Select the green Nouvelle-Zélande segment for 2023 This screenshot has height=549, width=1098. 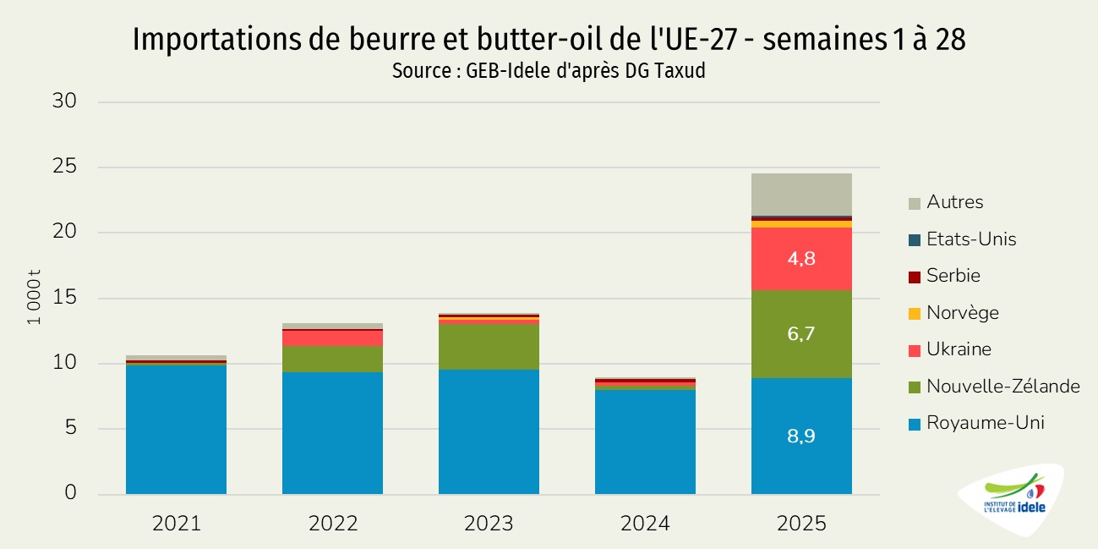(x=489, y=347)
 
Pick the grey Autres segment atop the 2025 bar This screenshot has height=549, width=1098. (x=801, y=195)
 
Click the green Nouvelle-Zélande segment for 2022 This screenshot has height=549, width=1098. (x=332, y=360)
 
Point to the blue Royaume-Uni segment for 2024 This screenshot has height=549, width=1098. (x=645, y=442)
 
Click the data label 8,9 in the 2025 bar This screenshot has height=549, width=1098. (x=801, y=436)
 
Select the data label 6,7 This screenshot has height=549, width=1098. (x=801, y=334)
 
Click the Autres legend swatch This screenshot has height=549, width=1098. (x=914, y=203)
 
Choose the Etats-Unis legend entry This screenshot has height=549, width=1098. (x=971, y=239)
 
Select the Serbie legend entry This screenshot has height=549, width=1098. (x=953, y=276)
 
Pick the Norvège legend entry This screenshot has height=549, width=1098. (x=962, y=313)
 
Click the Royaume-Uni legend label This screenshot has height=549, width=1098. (x=985, y=423)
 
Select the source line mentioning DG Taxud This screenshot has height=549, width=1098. (x=549, y=71)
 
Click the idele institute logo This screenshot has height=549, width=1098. (x=1013, y=501)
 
